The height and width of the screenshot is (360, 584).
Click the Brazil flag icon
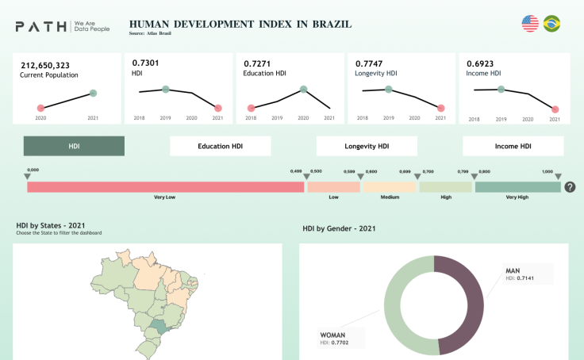click(x=551, y=24)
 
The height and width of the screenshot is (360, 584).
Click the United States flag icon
click(x=530, y=24)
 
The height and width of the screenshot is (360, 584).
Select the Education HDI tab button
click(x=221, y=146)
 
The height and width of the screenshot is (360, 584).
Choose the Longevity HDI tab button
click(x=367, y=146)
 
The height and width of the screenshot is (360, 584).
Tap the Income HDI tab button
click(x=513, y=146)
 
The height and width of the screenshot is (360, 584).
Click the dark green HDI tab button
click(x=74, y=146)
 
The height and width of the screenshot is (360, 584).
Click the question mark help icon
click(x=570, y=187)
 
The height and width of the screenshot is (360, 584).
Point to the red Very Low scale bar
click(x=166, y=187)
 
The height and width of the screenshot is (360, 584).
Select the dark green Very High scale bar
click(x=517, y=187)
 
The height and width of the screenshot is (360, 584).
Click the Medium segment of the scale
click(x=389, y=187)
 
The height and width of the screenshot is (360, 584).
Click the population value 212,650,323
click(x=45, y=64)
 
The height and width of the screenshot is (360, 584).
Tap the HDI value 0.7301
click(x=145, y=63)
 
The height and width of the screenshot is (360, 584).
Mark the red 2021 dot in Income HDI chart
click(x=555, y=109)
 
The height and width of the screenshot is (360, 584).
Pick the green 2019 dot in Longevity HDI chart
click(x=388, y=89)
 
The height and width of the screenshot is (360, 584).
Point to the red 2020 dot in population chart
click(x=40, y=108)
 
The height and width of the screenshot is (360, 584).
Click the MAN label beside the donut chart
click(x=513, y=271)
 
